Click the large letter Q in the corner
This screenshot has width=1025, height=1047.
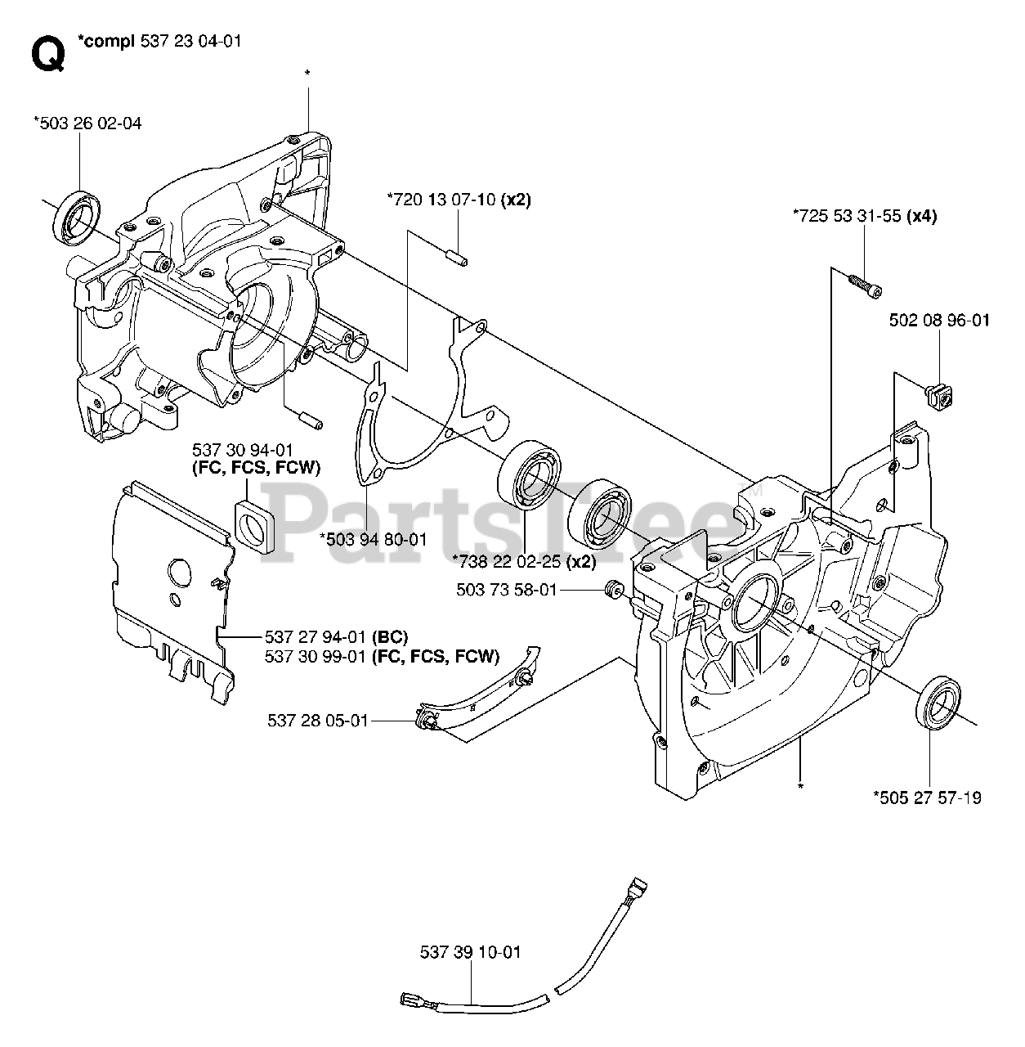(48, 54)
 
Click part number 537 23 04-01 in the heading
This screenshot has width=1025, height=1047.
(190, 41)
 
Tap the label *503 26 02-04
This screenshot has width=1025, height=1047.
(87, 124)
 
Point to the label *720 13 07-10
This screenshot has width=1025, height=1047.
(441, 200)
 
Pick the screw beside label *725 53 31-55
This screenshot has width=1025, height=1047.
(865, 285)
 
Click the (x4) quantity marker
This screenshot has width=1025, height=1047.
(922, 216)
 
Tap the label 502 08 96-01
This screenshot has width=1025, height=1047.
(939, 320)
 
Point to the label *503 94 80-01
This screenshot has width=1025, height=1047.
(374, 540)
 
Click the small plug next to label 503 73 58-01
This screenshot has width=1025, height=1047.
(613, 589)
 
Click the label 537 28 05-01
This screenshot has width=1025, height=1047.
(318, 721)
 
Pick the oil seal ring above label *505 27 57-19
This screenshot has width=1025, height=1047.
(938, 703)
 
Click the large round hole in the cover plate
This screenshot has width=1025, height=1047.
(179, 572)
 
